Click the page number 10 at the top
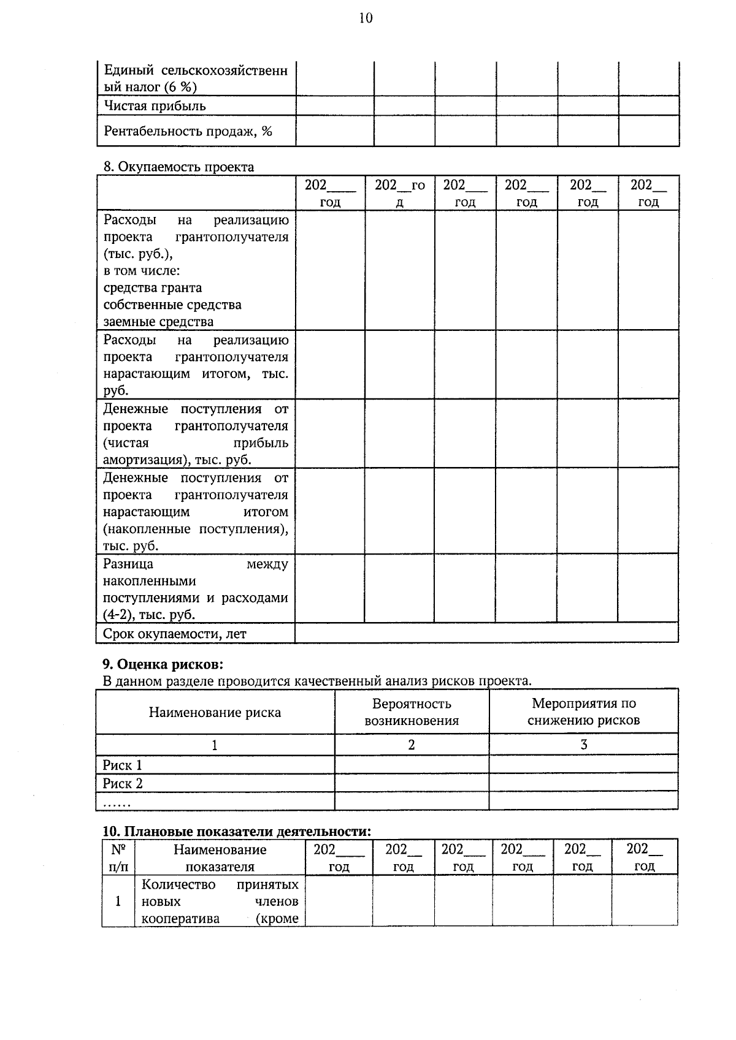(366, 18)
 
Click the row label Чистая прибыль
(155, 106)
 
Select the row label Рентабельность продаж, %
(188, 131)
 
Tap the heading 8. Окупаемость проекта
(178, 167)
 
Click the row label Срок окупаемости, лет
(174, 634)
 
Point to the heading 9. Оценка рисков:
(163, 664)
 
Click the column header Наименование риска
(215, 712)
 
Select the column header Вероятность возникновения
(412, 712)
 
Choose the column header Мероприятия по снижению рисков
(583, 712)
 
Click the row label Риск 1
(122, 765)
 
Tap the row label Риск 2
(122, 783)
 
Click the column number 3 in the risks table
(583, 745)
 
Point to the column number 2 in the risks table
(412, 745)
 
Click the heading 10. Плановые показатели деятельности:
(237, 832)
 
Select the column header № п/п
(118, 858)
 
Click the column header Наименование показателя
(220, 858)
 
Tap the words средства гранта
(153, 287)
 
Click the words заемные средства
(158, 322)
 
